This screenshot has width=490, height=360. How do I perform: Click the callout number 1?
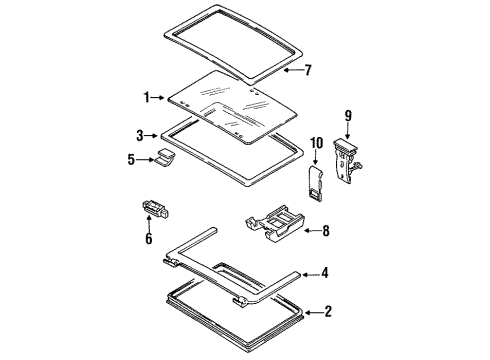(x=145, y=97)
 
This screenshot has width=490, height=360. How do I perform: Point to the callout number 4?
(x=340, y=272)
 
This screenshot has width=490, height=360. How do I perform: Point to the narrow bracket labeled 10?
(x=314, y=183)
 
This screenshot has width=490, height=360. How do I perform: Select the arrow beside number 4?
(x=316, y=272)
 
